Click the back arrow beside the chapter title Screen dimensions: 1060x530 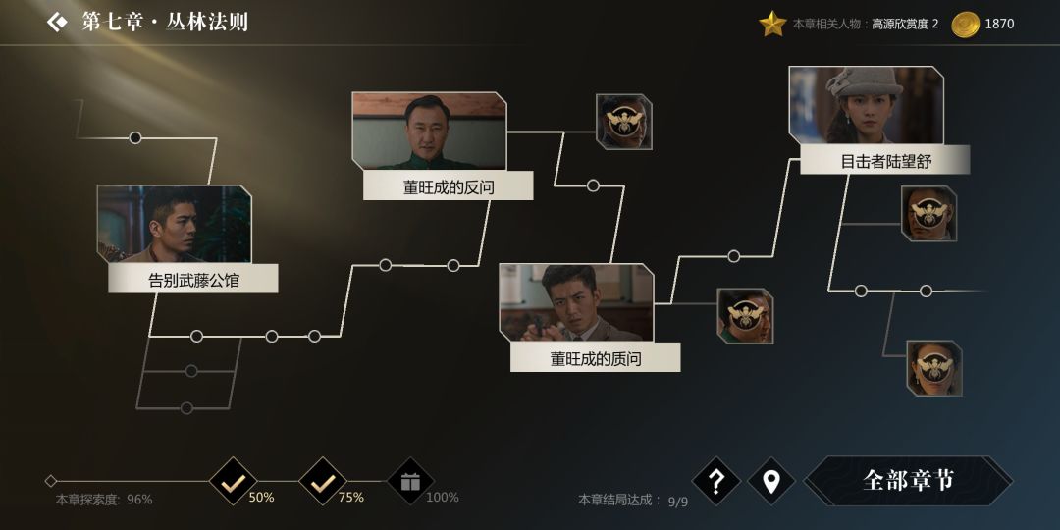click(57, 22)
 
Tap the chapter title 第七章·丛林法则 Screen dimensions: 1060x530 click(165, 22)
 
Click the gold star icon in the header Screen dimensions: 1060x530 click(772, 24)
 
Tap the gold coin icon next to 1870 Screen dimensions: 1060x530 click(965, 25)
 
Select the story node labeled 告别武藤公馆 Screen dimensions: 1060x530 click(192, 279)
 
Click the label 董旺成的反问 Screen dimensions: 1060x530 click(449, 185)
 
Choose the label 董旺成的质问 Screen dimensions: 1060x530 click(595, 357)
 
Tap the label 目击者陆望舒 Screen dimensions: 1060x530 click(885, 160)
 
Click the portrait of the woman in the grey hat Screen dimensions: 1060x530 click(866, 105)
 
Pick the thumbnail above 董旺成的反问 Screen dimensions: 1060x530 click(429, 131)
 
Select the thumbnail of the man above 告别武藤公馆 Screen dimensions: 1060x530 click(175, 224)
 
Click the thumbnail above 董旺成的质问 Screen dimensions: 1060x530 click(577, 302)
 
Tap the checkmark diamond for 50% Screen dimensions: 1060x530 click(233, 481)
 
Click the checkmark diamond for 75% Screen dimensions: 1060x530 click(323, 481)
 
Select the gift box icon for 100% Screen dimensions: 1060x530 click(411, 481)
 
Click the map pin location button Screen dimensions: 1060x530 click(771, 481)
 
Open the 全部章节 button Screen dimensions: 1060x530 click(908, 481)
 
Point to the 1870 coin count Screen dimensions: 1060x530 click(999, 24)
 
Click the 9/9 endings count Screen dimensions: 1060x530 click(678, 501)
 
